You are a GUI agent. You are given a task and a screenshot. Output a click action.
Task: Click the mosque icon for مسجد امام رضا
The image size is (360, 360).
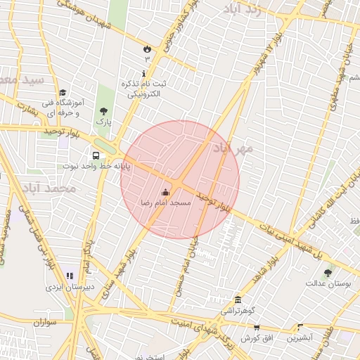pos(166,192)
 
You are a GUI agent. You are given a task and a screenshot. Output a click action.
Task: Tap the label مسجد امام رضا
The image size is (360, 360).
pos(165,202)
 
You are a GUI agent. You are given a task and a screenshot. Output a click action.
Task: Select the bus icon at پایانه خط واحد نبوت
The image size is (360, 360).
pos(95,155)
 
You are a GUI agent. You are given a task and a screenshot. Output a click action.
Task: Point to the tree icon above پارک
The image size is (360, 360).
pos(104,111)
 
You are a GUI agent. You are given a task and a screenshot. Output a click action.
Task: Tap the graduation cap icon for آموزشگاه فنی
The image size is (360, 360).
pos(63,92)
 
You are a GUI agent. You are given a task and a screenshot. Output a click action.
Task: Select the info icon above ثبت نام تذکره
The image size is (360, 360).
pos(144,74)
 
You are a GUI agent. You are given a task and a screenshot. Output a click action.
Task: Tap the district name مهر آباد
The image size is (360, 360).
pos(232,148)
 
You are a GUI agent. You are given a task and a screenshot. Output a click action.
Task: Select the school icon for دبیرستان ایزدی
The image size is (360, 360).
pos(69,276)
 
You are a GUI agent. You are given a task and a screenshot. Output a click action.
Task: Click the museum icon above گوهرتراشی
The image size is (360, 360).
pos(238,300)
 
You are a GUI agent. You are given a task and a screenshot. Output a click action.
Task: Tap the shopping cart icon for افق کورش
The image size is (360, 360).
pos(257,328)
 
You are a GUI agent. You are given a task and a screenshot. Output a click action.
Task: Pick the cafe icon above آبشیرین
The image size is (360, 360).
pos(300,327)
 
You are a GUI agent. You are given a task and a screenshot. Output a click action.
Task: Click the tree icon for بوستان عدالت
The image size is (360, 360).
pos(328,272)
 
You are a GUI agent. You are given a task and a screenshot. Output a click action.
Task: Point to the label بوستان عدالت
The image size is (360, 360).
pos(323,283)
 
